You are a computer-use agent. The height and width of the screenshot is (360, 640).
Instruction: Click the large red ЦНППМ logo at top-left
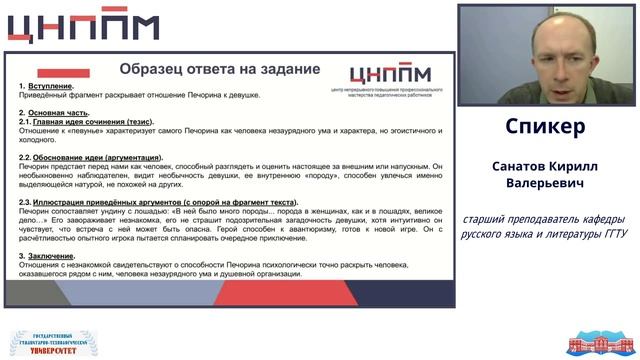tap(89, 28)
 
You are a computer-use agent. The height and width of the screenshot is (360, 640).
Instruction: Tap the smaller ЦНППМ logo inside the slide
tap(389, 74)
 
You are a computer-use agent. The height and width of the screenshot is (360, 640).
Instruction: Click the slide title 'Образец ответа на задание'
tap(219, 69)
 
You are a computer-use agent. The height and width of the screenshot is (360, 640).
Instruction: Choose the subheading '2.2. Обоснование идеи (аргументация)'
tap(91, 157)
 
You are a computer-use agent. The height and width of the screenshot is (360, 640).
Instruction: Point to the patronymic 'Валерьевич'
tap(544, 184)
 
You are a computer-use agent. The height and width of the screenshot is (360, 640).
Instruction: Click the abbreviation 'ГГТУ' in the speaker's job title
tap(611, 235)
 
